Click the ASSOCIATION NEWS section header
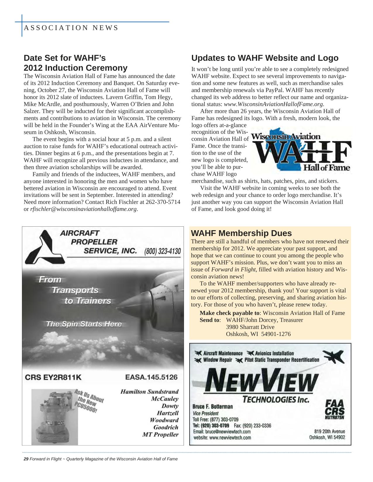point(71,28)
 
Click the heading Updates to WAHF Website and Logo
point(265,58)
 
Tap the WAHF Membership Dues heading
point(241,233)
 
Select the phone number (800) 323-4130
point(163,252)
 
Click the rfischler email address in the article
point(83,209)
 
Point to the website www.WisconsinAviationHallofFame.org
point(274,104)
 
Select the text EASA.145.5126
point(151,377)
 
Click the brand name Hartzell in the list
point(168,413)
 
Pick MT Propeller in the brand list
point(160,434)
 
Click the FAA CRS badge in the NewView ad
point(335,409)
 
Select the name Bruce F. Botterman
point(213,407)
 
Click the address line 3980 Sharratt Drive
point(250,327)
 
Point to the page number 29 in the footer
point(26,459)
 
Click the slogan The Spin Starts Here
point(84,324)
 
